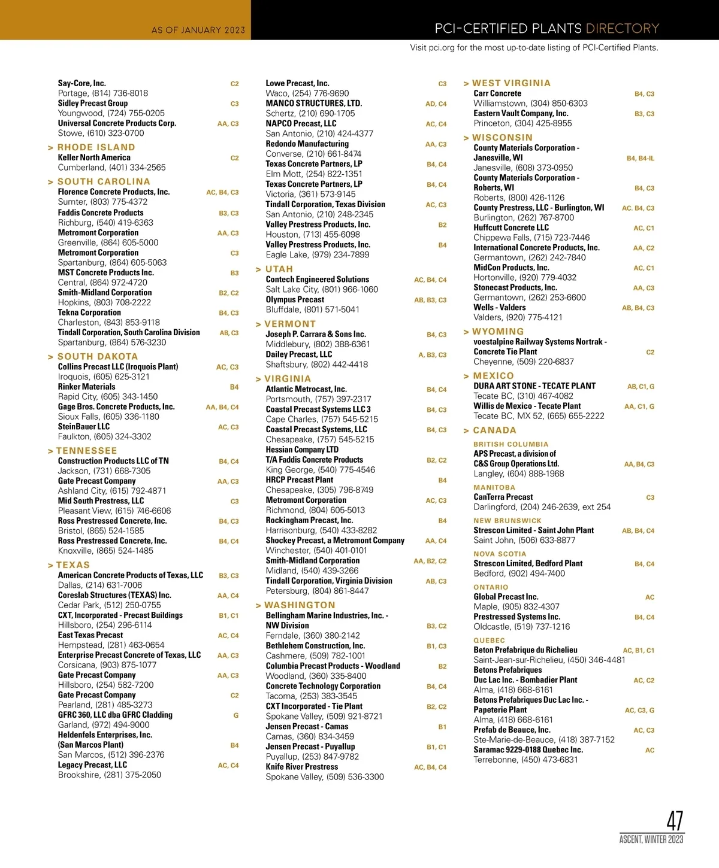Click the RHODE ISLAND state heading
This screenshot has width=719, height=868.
96,147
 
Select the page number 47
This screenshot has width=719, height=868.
675,821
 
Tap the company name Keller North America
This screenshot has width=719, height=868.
94,157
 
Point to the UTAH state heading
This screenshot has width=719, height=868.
279,269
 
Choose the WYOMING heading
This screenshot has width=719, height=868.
497,332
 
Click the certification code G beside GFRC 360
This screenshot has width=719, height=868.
236,715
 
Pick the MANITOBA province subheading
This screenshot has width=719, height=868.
494,487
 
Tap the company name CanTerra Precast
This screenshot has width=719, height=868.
503,497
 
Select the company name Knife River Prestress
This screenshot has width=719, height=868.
302,767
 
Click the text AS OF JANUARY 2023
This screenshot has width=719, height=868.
198,30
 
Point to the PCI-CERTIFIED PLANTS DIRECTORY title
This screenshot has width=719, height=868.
546,29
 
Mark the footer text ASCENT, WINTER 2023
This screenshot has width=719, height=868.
651,839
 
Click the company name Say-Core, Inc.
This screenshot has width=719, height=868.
82,83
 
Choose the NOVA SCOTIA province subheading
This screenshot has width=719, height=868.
500,554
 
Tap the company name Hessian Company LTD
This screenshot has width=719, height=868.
302,450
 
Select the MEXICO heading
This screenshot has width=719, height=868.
493,376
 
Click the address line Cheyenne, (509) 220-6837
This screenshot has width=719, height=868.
524,362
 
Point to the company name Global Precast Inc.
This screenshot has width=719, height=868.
506,597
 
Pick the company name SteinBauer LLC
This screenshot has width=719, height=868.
84,427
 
